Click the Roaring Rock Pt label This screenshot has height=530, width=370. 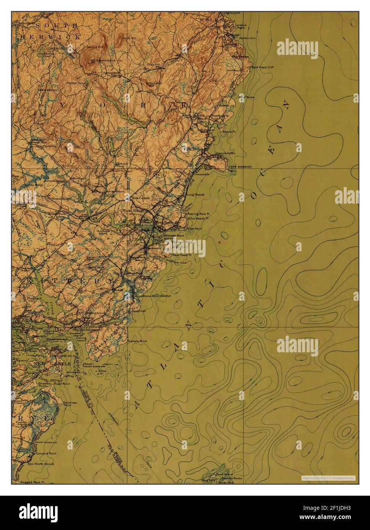click(199, 214)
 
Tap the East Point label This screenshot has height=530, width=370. click(195, 229)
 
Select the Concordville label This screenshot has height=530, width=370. click(225, 153)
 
